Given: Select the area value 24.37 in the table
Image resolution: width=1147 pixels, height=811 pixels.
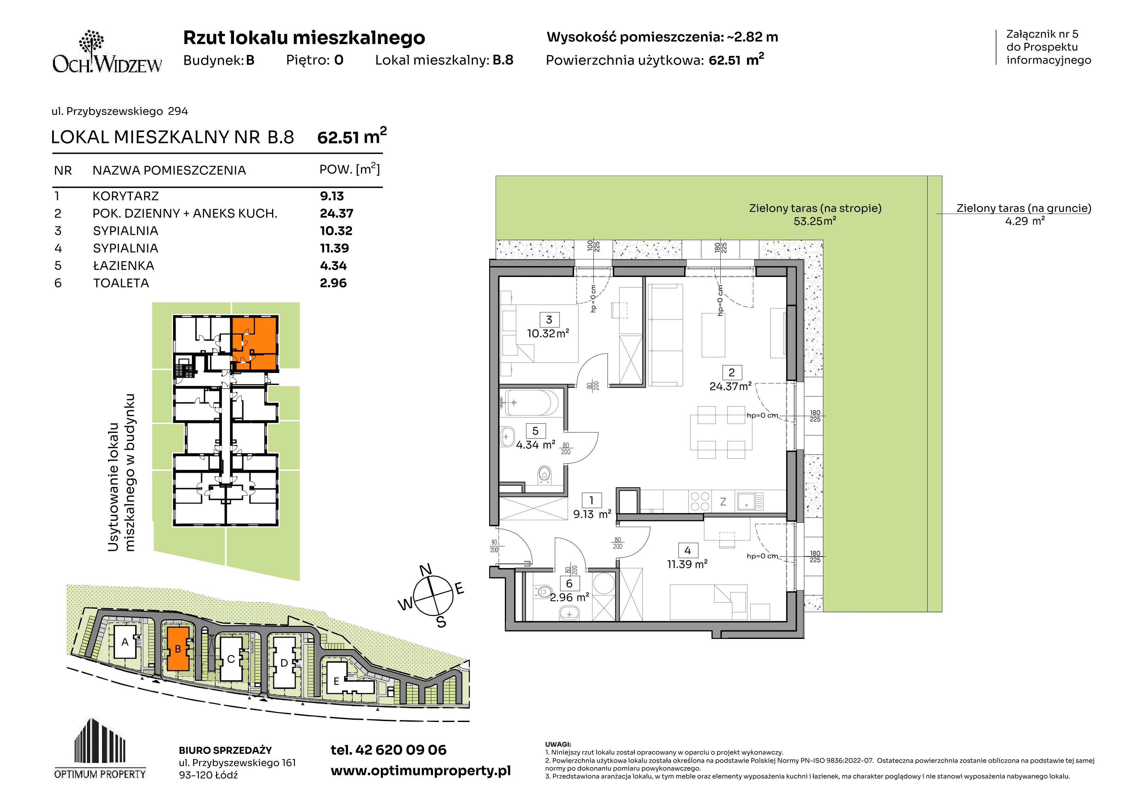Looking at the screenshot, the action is (336, 213).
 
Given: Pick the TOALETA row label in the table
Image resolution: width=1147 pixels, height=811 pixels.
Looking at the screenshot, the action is (121, 283).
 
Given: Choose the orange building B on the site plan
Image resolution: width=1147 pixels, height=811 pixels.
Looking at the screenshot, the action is (178, 649).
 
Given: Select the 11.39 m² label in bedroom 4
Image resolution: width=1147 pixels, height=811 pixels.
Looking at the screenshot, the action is (687, 564).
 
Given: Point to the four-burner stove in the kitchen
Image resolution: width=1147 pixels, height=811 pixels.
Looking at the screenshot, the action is (699, 501).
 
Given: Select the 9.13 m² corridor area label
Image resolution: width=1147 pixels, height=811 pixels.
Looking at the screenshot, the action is (592, 514).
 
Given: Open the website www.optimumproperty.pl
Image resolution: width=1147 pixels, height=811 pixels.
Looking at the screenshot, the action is (420, 771).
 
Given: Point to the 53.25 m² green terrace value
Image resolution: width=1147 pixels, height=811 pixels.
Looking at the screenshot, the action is (815, 221).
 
